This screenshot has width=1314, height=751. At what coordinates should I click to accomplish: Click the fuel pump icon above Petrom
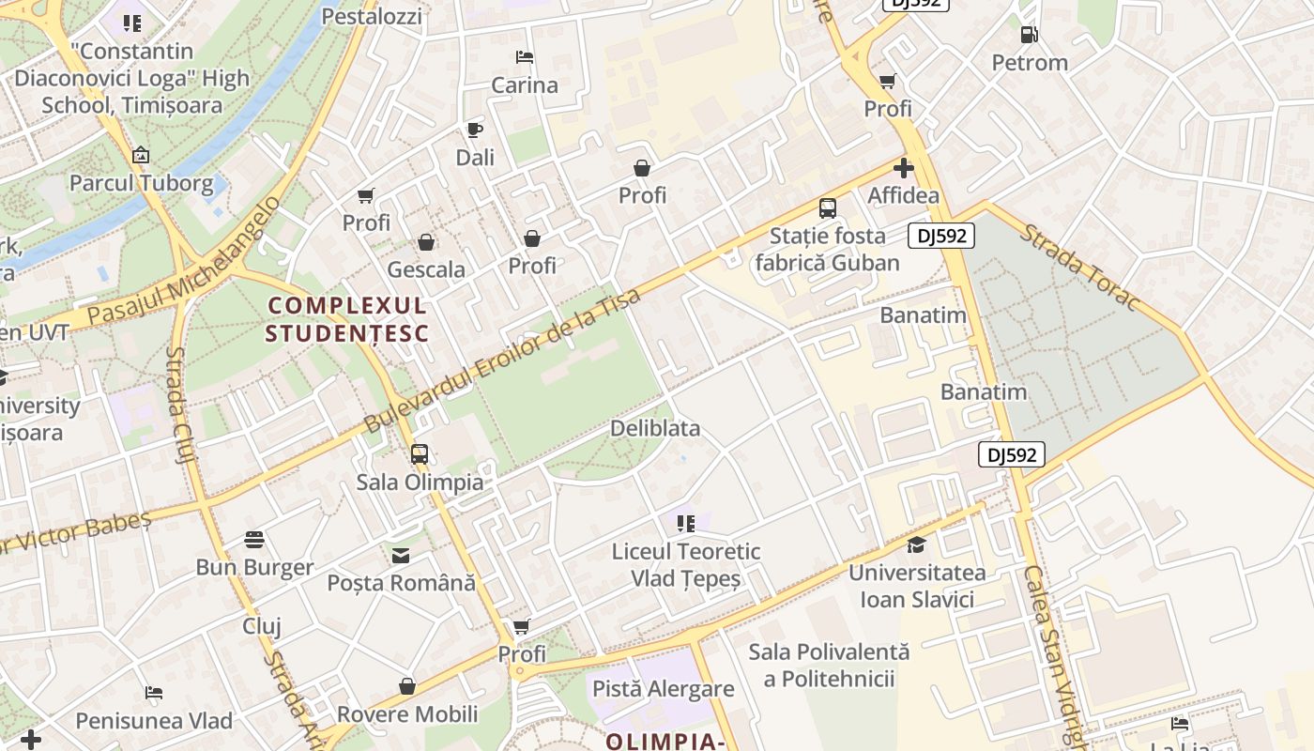coord(1030,35)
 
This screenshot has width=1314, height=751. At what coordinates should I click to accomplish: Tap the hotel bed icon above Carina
coord(525,57)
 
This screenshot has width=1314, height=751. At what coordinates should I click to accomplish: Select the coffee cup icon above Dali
coord(475,130)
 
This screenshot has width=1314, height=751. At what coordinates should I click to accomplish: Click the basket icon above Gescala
coord(426,242)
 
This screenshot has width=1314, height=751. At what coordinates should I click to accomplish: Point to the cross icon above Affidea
coord(904,168)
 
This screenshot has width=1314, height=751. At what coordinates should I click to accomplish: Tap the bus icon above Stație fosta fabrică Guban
coord(828,208)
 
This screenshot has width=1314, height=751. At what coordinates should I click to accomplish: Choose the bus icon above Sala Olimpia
coord(420,454)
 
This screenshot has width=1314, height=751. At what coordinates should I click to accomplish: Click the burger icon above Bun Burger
coord(254,540)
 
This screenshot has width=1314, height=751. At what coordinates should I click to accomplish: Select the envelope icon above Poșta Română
coord(401,556)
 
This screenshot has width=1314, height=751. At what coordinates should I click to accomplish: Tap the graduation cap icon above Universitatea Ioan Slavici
coord(916,544)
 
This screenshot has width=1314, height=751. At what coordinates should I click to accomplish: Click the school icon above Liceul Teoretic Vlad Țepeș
coord(685,523)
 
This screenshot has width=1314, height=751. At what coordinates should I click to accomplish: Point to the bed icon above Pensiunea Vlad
coord(154,693)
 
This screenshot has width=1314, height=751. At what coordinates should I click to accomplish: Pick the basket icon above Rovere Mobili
coord(407,686)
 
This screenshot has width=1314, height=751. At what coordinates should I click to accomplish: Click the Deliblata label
coord(655,428)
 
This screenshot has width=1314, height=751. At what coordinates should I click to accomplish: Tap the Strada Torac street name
coord(1079,268)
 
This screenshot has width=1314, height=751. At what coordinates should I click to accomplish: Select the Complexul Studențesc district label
coord(347,319)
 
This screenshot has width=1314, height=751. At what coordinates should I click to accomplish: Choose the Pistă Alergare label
coord(663,689)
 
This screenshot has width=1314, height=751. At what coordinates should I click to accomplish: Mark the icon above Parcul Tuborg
coord(141,155)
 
